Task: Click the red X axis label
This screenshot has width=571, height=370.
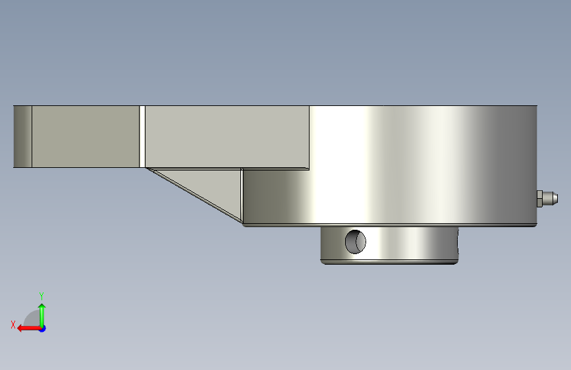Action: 13,325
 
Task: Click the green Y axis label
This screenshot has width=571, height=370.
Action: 41,296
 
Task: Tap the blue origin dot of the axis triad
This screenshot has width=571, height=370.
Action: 43,329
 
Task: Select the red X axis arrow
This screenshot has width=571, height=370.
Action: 29,329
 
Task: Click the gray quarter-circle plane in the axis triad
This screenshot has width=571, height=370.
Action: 32,319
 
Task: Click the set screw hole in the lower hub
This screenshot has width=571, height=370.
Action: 356,242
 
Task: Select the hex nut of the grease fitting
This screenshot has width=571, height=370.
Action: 539,198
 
